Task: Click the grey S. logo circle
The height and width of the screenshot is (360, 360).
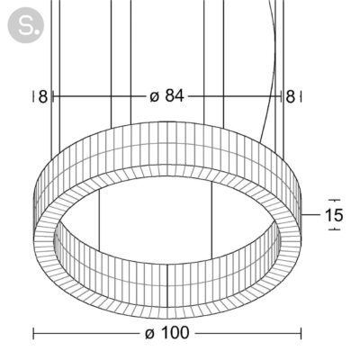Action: point(25,25)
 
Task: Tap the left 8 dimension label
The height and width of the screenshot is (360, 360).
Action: point(43,97)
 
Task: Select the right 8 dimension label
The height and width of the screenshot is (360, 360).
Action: point(290,97)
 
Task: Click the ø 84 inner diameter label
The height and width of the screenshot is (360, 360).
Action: point(166,96)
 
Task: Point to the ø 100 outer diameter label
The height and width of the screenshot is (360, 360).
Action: point(167,333)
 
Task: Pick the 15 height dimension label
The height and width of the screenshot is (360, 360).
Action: point(334,215)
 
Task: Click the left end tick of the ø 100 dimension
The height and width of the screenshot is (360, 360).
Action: point(33,333)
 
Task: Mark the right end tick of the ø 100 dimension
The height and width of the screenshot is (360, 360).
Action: point(301,333)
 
